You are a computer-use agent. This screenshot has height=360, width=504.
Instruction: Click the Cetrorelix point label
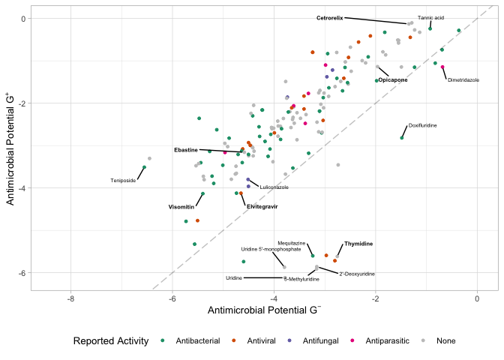coord(329,17)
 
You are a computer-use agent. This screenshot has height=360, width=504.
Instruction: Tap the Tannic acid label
coord(430,17)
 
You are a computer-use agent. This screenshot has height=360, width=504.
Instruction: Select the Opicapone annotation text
coord(393,79)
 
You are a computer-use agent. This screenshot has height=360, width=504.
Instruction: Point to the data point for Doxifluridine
coord(402,138)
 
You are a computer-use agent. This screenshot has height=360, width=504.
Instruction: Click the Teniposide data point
coord(144,167)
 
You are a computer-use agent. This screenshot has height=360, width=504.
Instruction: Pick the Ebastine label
coord(186,150)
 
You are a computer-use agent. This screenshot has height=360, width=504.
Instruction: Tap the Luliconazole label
coord(274,187)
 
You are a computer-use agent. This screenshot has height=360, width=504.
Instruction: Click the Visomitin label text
coord(181,207)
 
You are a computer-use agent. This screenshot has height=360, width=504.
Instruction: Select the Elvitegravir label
coord(262,206)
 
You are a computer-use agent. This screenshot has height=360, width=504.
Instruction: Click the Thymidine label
coord(358,244)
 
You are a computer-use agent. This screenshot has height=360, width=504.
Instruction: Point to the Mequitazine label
coord(291,243)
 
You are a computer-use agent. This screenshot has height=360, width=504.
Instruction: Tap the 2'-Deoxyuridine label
coord(357,274)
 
